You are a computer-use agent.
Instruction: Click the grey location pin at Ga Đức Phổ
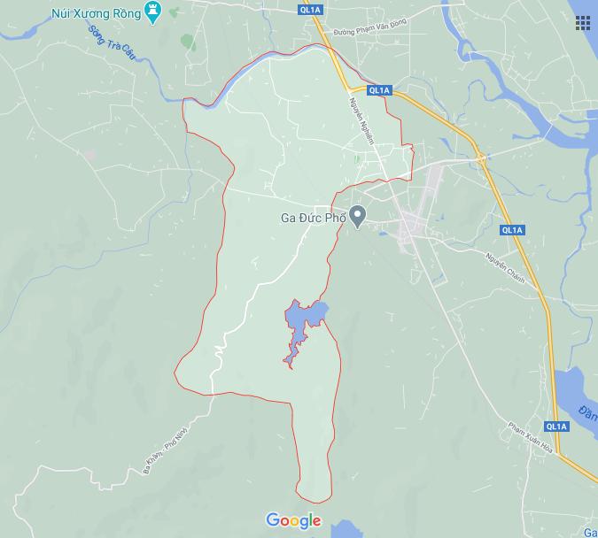tap(357, 215)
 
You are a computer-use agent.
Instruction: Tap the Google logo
tap(293, 520)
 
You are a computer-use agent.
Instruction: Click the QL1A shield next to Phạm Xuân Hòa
tap(556, 427)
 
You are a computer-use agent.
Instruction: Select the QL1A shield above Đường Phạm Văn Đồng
tap(310, 11)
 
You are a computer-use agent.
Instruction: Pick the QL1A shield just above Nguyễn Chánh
tap(512, 231)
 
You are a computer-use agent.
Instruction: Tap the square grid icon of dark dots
tap(585, 23)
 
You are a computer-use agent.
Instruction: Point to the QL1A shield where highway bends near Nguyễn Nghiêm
tap(379, 90)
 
